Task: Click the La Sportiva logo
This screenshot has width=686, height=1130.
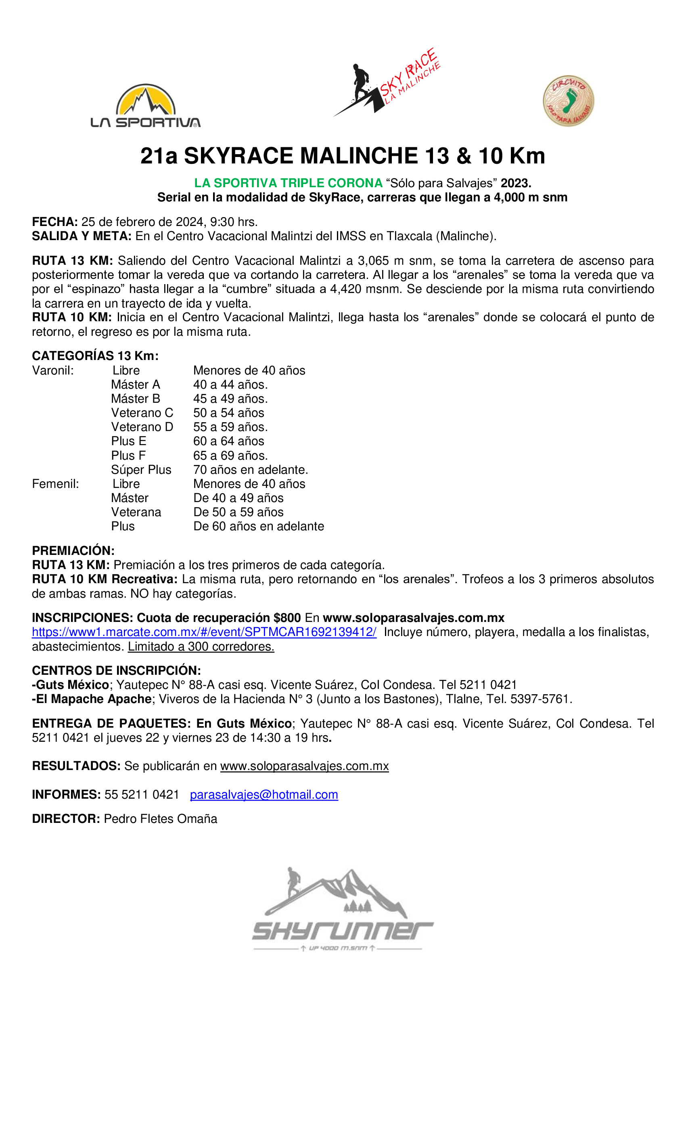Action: pyautogui.click(x=145, y=106)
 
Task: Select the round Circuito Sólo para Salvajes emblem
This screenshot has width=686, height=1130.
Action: pyautogui.click(x=568, y=101)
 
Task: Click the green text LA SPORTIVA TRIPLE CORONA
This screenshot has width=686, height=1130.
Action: pyautogui.click(x=288, y=183)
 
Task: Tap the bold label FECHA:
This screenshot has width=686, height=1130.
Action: pyautogui.click(x=54, y=222)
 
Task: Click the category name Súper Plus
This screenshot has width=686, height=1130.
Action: pyautogui.click(x=141, y=470)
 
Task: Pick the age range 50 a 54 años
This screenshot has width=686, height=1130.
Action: pyautogui.click(x=228, y=413)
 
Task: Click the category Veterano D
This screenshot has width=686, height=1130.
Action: pyautogui.click(x=142, y=427)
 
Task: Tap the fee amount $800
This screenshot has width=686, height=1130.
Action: pyautogui.click(x=287, y=618)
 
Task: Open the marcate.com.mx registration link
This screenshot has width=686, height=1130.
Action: pyautogui.click(x=204, y=632)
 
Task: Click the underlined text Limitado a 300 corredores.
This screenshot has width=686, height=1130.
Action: pyautogui.click(x=201, y=647)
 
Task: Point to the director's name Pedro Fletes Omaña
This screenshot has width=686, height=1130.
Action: pyautogui.click(x=161, y=818)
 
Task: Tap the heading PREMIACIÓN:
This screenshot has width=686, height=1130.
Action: pyautogui.click(x=73, y=551)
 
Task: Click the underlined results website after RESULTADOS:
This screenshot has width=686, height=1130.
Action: pyautogui.click(x=305, y=766)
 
